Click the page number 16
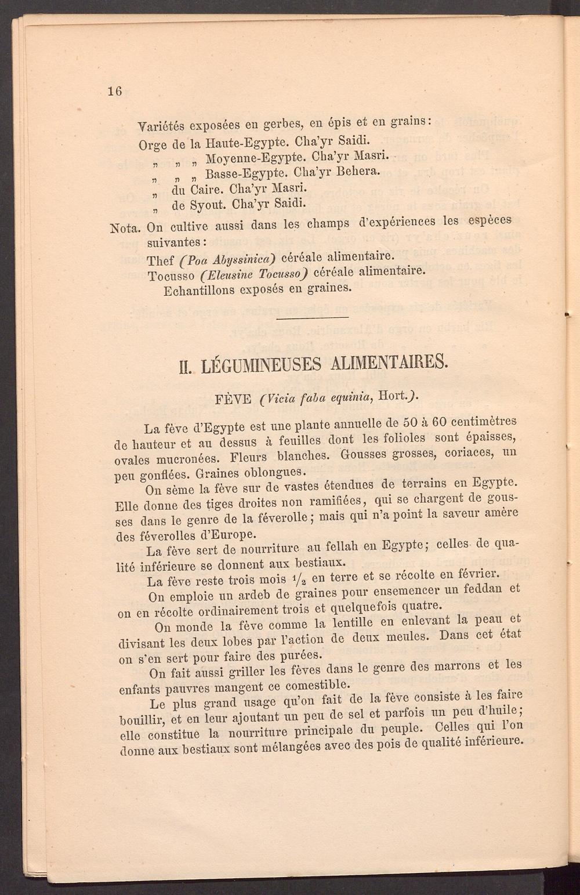pos(114,91)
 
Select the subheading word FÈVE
pos(233,400)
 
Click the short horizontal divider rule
pos(313,317)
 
